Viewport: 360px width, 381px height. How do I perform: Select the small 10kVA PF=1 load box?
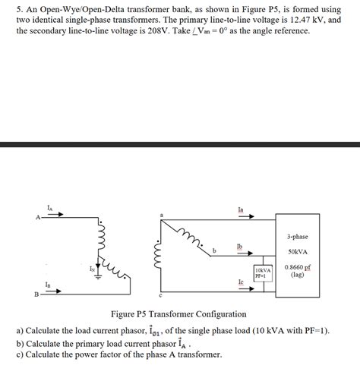coord(263,273)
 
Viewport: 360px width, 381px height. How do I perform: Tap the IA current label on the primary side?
coord(49,206)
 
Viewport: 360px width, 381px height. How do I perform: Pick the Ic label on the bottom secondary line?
coord(241,282)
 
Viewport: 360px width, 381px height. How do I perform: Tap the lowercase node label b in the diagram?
coord(215,251)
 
